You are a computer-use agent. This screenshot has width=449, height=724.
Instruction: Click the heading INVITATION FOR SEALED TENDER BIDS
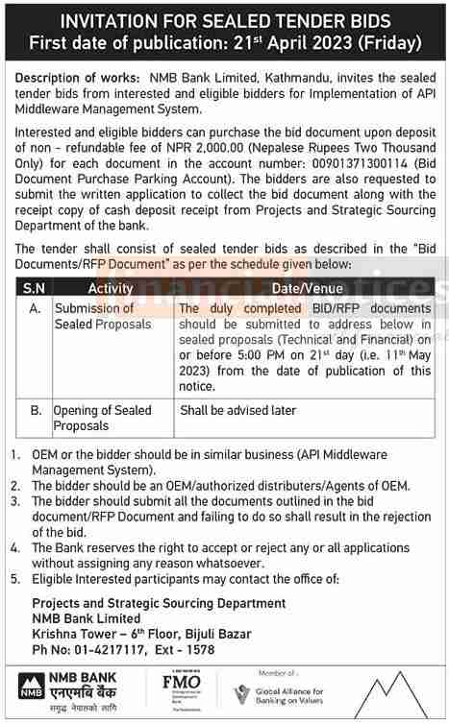(224, 21)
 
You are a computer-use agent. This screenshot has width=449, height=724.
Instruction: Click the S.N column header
(35, 288)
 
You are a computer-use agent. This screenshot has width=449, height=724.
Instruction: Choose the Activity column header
(111, 288)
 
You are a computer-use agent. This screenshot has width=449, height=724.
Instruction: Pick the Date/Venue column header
(305, 288)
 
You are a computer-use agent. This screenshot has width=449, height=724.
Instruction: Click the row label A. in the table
(35, 308)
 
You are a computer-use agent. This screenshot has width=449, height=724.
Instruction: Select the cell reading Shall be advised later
(237, 410)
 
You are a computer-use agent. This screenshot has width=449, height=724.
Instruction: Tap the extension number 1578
(198, 650)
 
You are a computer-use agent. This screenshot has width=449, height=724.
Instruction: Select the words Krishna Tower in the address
(72, 635)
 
